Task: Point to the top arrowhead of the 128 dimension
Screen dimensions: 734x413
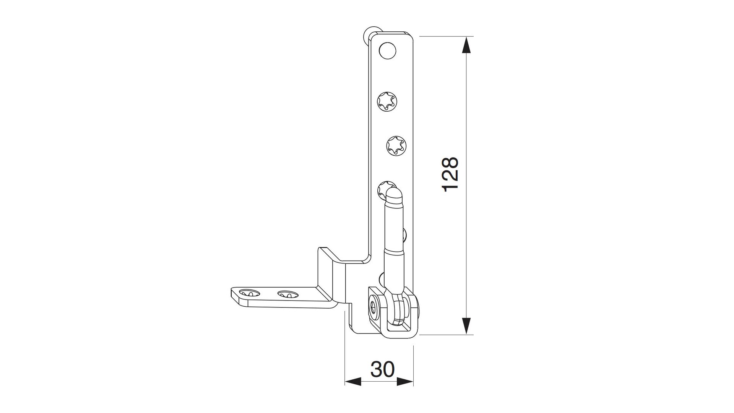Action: [x=466, y=46]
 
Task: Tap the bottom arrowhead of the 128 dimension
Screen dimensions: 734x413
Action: [x=466, y=326]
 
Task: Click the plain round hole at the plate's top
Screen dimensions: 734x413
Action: [x=387, y=51]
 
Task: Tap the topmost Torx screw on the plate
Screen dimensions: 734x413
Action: [x=387, y=102]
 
